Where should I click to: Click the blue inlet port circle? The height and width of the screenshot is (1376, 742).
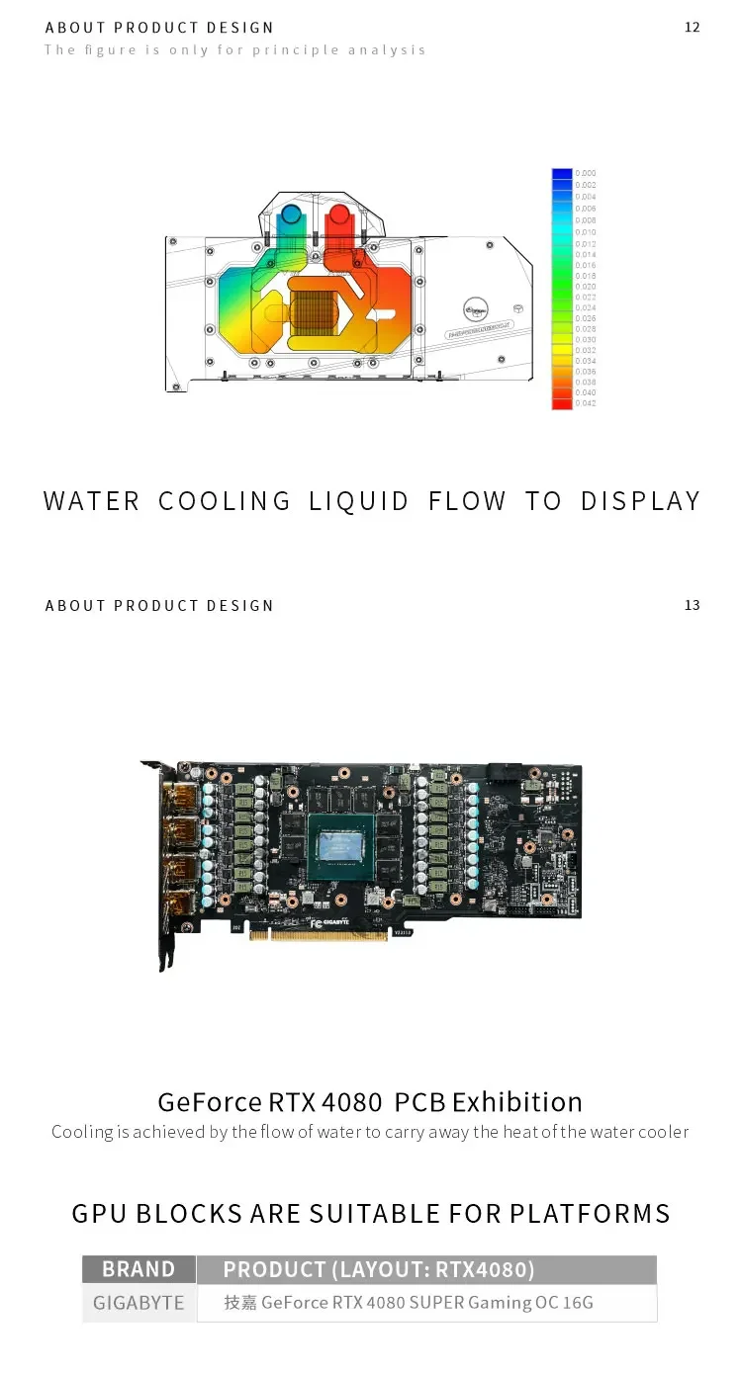click(291, 214)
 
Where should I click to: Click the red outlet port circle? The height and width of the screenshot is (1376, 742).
click(338, 214)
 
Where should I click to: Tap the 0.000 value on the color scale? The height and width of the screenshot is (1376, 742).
click(586, 173)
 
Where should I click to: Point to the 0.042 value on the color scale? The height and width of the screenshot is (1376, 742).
click(586, 404)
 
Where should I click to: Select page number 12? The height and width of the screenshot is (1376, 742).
click(692, 27)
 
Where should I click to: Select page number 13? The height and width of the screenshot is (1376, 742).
click(692, 605)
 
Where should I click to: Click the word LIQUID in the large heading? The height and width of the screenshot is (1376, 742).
click(358, 501)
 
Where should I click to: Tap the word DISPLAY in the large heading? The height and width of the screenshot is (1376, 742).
click(640, 501)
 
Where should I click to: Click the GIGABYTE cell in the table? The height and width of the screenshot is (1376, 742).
click(139, 1303)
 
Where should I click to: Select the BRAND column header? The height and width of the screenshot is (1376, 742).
click(139, 1269)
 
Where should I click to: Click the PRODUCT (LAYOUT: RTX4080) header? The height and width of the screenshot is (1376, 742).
click(378, 1269)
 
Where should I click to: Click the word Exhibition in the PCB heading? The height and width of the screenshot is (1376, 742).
click(517, 1101)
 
